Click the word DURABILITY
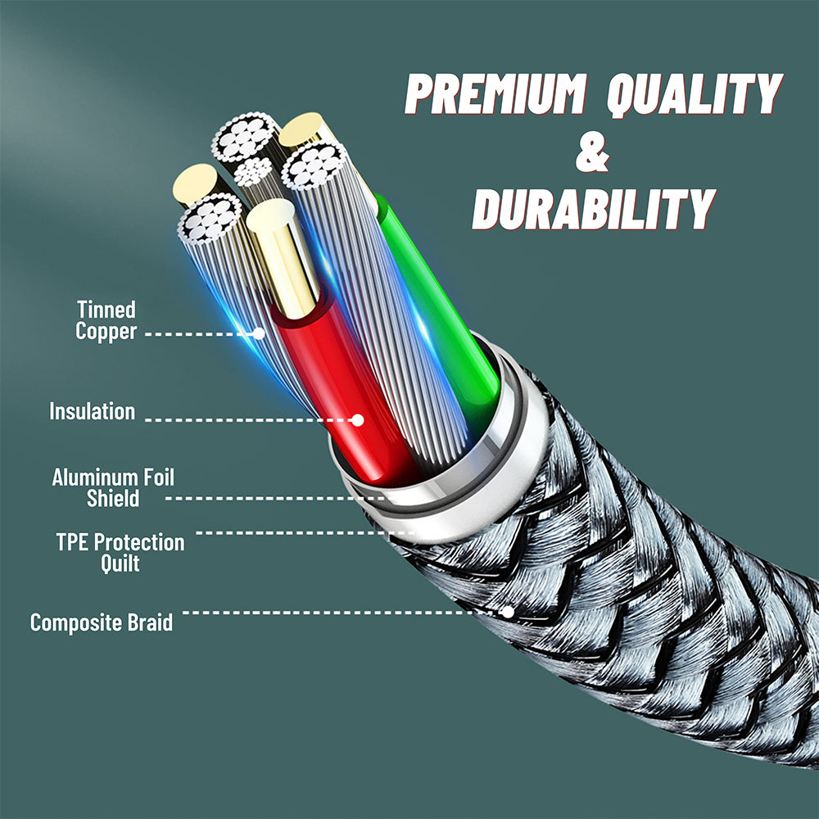coord(594,210)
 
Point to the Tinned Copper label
coord(106,321)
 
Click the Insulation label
coord(92,411)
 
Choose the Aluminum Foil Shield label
coord(113,487)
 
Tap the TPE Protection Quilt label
coord(120,553)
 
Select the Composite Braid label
coord(102,622)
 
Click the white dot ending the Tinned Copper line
coord(259,333)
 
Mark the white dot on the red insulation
coord(357,420)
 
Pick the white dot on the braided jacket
coord(509,612)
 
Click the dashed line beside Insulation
coord(246,420)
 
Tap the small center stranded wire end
coord(253,170)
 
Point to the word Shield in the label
coord(113,499)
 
